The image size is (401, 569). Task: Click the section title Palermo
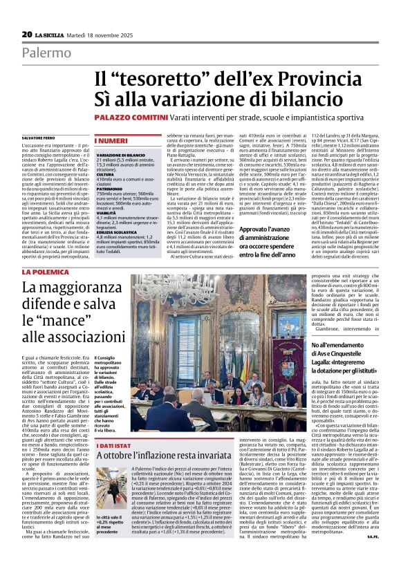coord(45,53)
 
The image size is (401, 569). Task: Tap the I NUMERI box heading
coord(110,140)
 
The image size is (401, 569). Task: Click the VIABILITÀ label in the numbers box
coord(107,214)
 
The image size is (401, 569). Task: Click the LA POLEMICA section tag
coord(45,274)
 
